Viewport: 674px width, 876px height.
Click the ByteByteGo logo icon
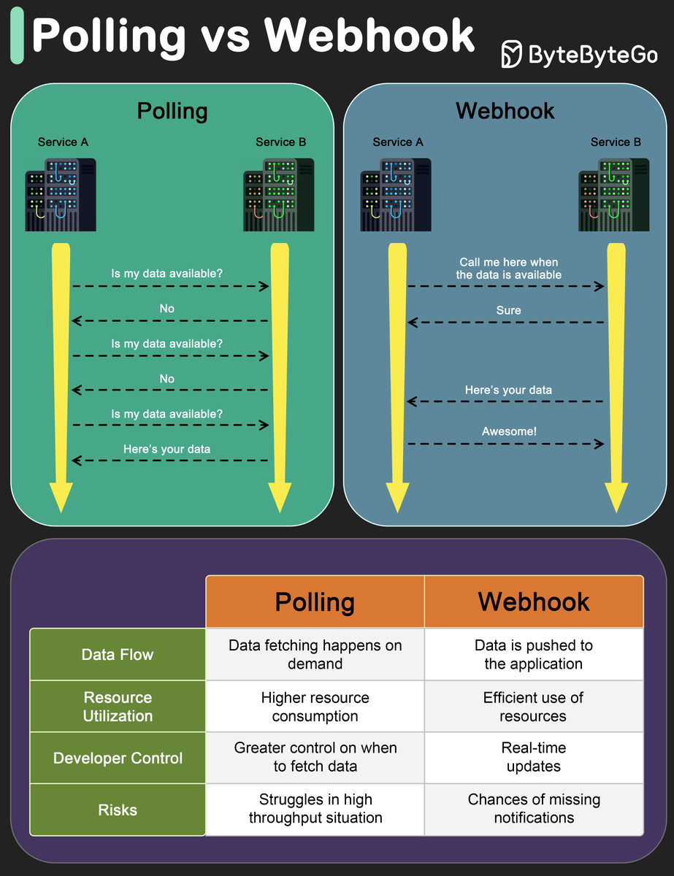(x=512, y=54)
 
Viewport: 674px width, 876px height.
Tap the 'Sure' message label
(x=508, y=310)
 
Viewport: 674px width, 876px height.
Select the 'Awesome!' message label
(x=509, y=431)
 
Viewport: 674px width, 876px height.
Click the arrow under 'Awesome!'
(x=506, y=444)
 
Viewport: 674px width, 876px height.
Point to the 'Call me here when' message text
(x=509, y=262)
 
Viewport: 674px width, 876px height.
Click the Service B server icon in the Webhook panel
(x=613, y=194)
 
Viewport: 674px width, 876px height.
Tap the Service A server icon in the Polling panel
(x=61, y=194)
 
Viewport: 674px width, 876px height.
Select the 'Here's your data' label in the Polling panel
(x=166, y=449)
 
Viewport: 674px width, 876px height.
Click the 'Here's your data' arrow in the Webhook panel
(x=505, y=401)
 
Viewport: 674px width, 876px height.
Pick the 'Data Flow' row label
(x=118, y=654)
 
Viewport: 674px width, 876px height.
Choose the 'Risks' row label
(x=118, y=810)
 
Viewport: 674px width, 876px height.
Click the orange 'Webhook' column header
(x=534, y=602)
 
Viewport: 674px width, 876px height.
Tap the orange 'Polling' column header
(x=315, y=602)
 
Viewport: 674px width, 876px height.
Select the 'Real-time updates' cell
(x=534, y=757)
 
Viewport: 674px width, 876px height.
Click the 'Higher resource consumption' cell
(x=315, y=707)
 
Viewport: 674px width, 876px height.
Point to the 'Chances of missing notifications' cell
(x=534, y=809)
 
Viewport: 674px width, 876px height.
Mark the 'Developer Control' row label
(x=118, y=758)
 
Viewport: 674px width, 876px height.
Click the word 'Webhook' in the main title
(x=369, y=36)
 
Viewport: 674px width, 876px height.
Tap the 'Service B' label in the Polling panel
(x=280, y=142)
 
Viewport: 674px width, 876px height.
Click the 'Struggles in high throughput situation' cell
(x=315, y=809)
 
